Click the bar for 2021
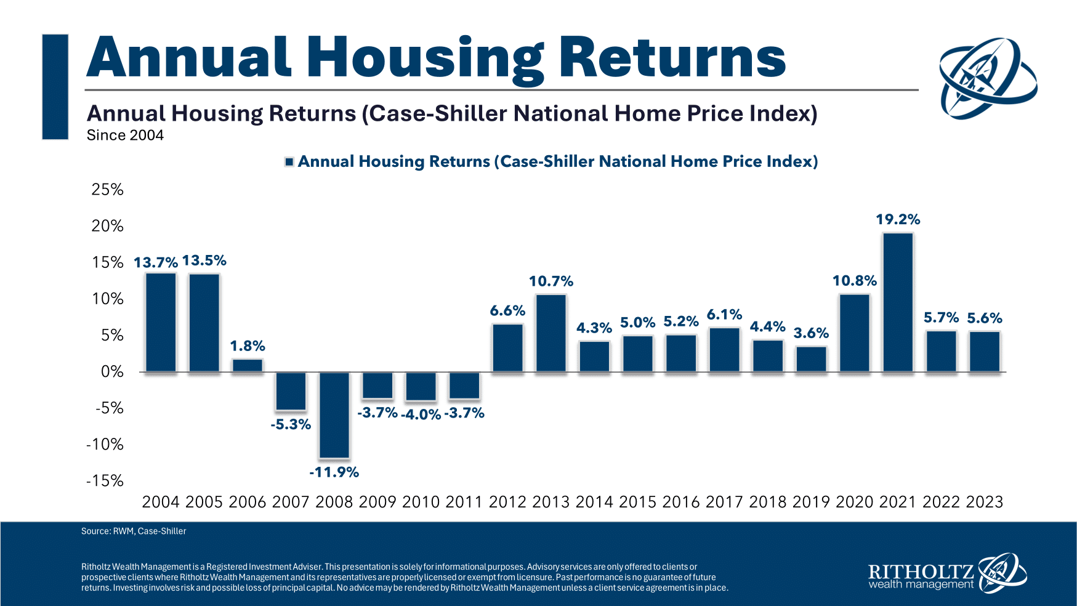[x=898, y=302]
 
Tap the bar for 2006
[x=248, y=365]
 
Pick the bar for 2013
[x=551, y=333]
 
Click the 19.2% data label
[x=898, y=219]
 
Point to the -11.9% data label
[x=334, y=472]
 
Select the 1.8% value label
[x=248, y=346]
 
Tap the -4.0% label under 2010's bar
[x=421, y=414]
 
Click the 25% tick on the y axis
[x=108, y=190]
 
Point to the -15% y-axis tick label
[x=105, y=481]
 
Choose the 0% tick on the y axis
[x=111, y=372]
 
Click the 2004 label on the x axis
[x=161, y=502]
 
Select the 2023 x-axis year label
[x=985, y=502]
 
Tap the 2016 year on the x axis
[x=681, y=502]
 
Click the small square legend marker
[x=289, y=162]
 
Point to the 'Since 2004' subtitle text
[x=125, y=135]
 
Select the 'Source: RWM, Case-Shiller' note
[x=134, y=531]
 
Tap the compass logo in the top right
[x=987, y=78]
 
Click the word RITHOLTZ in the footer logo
[x=921, y=572]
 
